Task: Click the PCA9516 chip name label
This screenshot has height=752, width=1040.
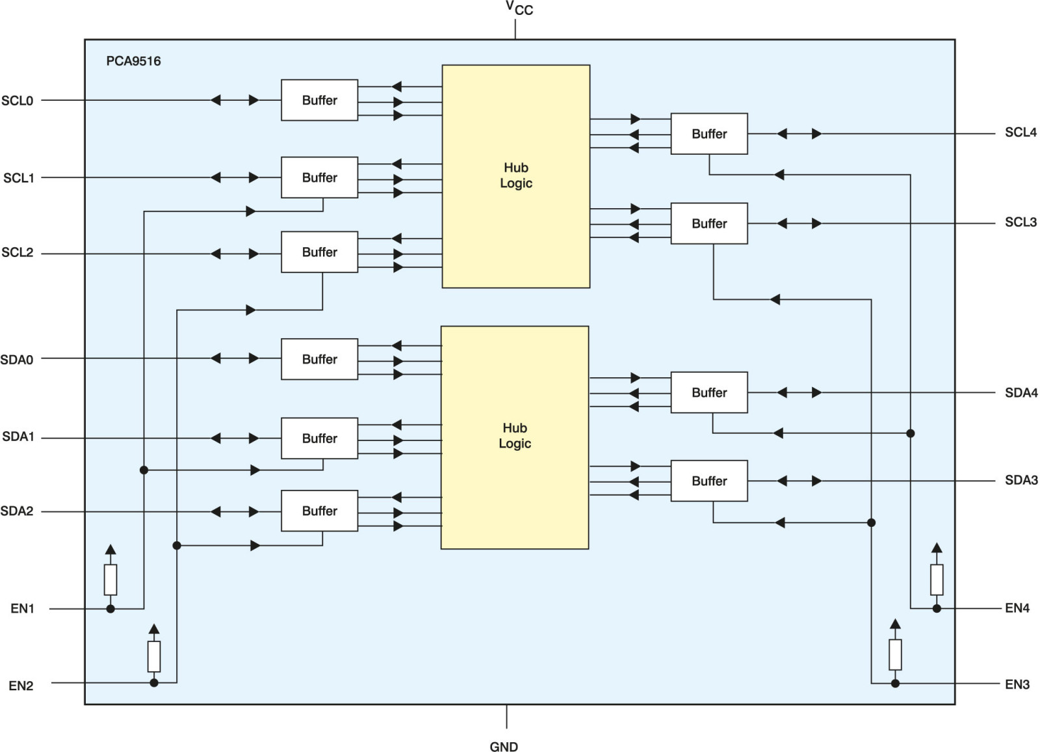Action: [x=133, y=61]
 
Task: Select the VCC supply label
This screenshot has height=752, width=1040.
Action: [x=519, y=8]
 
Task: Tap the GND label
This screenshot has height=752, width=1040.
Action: [x=504, y=746]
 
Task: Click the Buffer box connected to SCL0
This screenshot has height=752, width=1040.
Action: [x=319, y=100]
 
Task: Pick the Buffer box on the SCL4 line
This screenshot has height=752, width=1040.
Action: [x=709, y=134]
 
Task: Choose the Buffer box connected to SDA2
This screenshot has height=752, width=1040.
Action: [x=319, y=511]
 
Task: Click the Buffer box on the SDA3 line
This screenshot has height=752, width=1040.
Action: [x=709, y=481]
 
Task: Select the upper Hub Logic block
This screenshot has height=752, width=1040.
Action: [x=516, y=176]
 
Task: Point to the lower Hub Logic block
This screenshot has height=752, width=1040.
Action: [x=515, y=437]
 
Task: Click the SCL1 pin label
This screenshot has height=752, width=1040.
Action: [x=19, y=178]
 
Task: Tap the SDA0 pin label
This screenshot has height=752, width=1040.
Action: [x=17, y=360]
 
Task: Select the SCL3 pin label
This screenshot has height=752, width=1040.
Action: [x=1020, y=222]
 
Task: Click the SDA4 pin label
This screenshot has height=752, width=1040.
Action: [x=1021, y=393]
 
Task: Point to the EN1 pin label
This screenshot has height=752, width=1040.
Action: [x=22, y=608]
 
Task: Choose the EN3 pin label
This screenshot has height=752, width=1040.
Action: [x=1017, y=684]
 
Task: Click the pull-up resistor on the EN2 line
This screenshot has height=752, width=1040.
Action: [x=154, y=656]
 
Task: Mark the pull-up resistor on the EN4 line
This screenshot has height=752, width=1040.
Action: [x=937, y=580]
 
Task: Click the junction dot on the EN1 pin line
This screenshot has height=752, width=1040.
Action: [x=110, y=609]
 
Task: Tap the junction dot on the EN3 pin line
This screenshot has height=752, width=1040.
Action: [x=896, y=684]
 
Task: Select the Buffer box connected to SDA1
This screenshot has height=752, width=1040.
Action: [x=319, y=438]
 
